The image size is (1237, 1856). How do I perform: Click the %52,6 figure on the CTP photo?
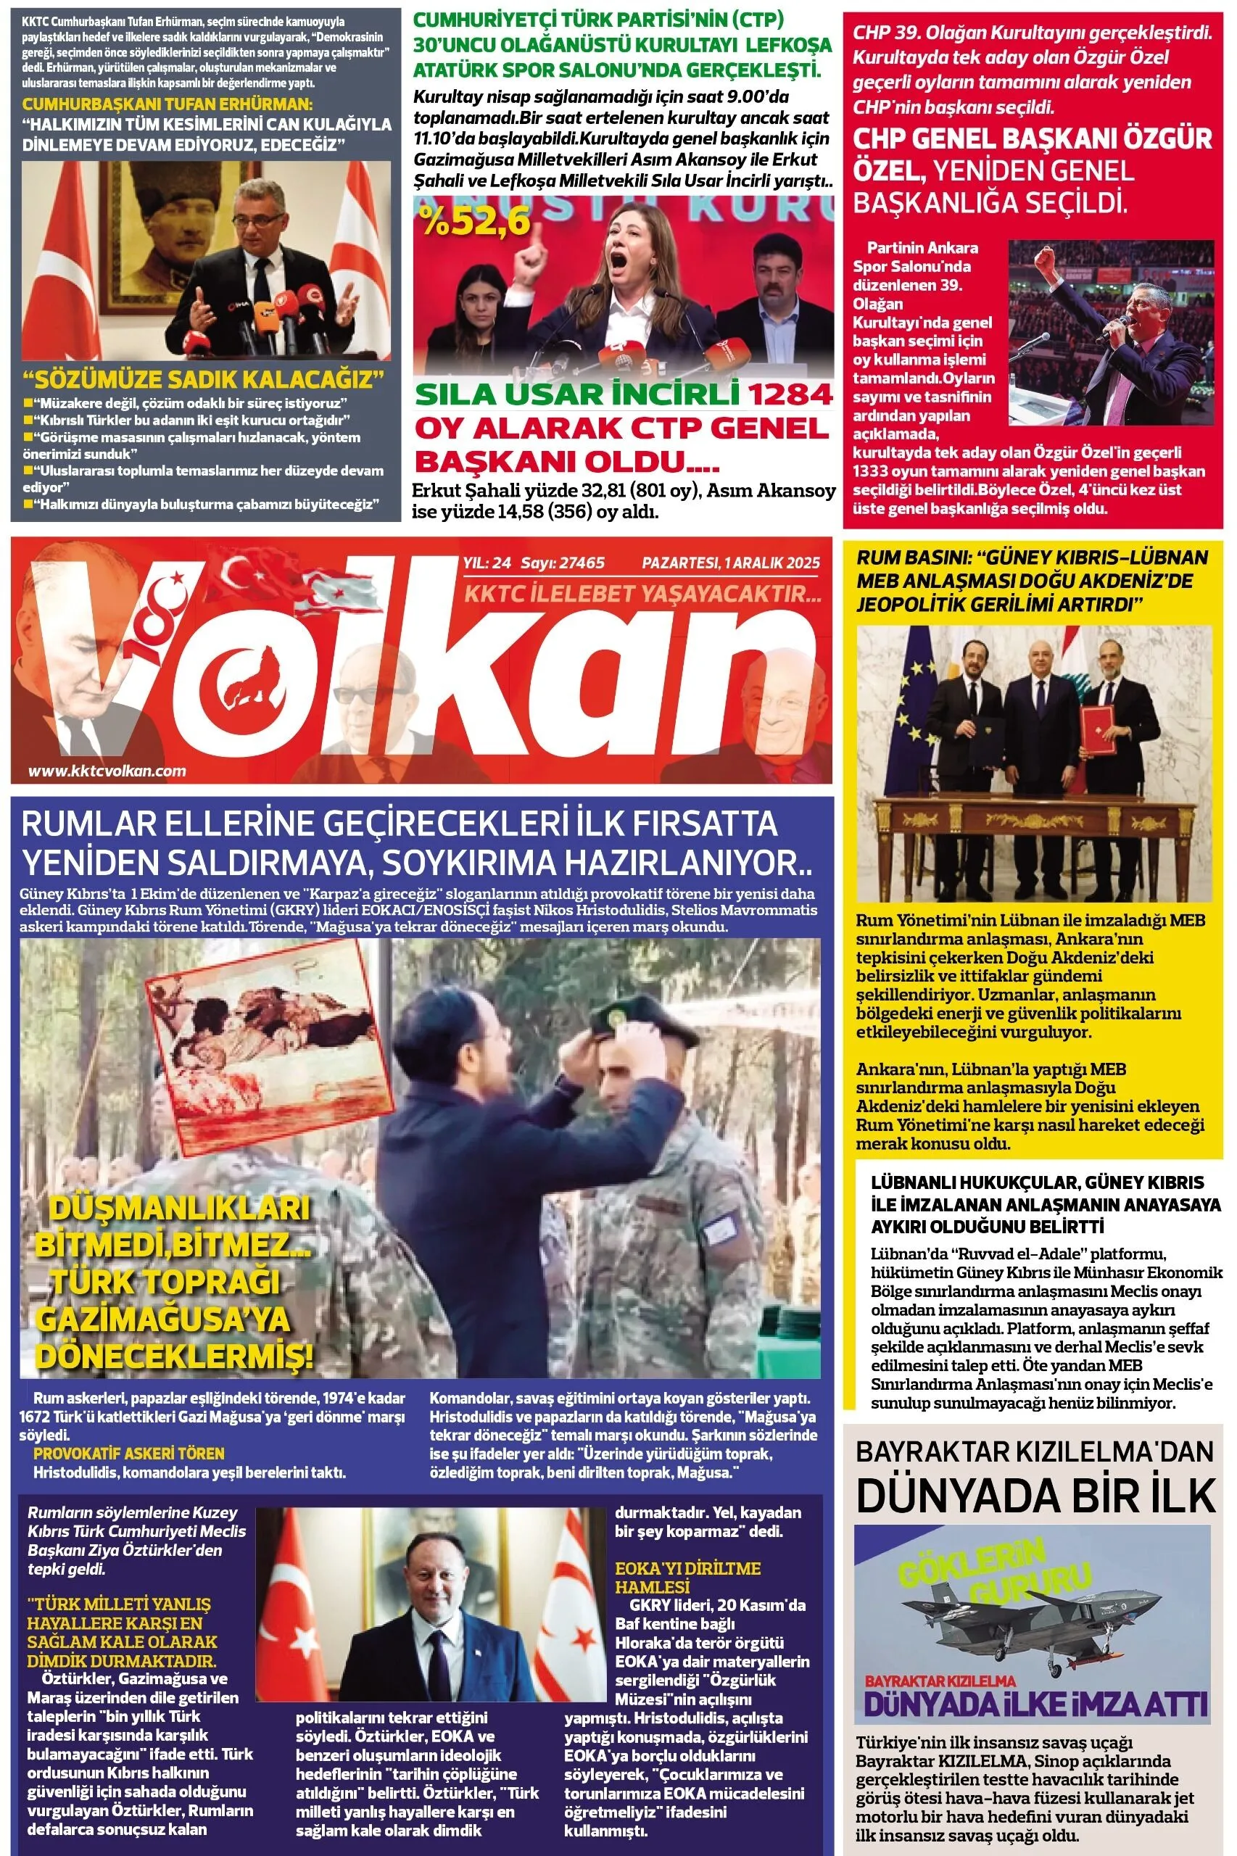[475, 222]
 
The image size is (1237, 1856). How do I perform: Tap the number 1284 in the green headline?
[790, 394]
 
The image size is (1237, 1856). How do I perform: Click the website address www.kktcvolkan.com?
[107, 771]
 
